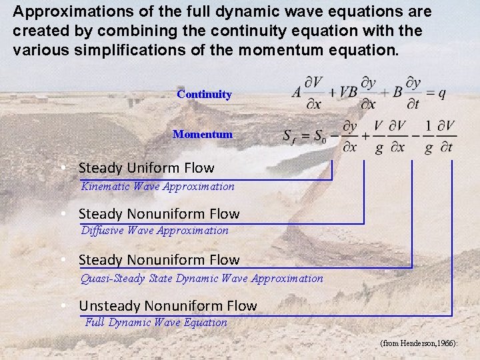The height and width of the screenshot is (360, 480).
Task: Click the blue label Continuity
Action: click(204, 95)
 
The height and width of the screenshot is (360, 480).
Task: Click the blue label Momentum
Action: click(203, 135)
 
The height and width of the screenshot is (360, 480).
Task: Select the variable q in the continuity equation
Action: click(441, 93)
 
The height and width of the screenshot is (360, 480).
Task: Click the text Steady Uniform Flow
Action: click(146, 168)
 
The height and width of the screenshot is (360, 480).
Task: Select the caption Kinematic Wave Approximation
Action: click(157, 187)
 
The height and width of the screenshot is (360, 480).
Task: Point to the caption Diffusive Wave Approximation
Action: click(154, 231)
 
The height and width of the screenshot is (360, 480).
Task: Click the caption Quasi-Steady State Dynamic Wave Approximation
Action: click(201, 279)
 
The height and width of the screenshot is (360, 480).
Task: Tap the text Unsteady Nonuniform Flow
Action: click(167, 306)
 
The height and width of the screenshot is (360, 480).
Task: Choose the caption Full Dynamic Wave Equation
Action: click(157, 323)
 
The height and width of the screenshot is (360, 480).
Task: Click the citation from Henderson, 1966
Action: click(419, 343)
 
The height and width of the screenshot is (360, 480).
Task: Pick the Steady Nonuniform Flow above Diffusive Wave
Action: click(159, 214)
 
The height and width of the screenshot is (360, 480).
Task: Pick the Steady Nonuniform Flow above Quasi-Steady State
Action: click(159, 260)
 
